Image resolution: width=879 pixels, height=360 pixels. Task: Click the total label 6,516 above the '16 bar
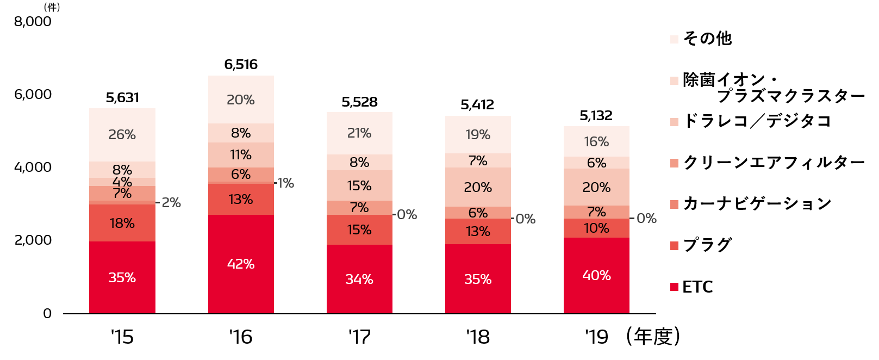coord(241,65)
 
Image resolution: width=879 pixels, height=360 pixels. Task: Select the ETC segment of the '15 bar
coord(122,277)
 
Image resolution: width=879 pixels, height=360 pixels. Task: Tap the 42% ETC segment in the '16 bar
coord(241,264)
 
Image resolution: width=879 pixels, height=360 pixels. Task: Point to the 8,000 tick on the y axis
coord(33,22)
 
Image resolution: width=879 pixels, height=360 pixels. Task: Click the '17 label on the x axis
coord(359,337)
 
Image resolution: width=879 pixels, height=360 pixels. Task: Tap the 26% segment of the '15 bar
coord(122,135)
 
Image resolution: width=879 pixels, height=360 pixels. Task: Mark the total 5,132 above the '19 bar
coord(596,116)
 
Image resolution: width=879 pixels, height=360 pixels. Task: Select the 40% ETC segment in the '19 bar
coord(596,276)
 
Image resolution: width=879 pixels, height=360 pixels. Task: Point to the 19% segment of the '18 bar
coord(478,135)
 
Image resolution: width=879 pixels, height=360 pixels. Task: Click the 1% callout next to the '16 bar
coord(285,183)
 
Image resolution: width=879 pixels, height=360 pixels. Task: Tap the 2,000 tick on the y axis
coord(33,240)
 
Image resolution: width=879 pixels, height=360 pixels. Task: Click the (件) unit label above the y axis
coord(52,8)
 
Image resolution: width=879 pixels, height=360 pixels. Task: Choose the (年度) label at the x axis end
coord(653,337)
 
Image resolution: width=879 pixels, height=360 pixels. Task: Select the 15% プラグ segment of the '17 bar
coord(359,230)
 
